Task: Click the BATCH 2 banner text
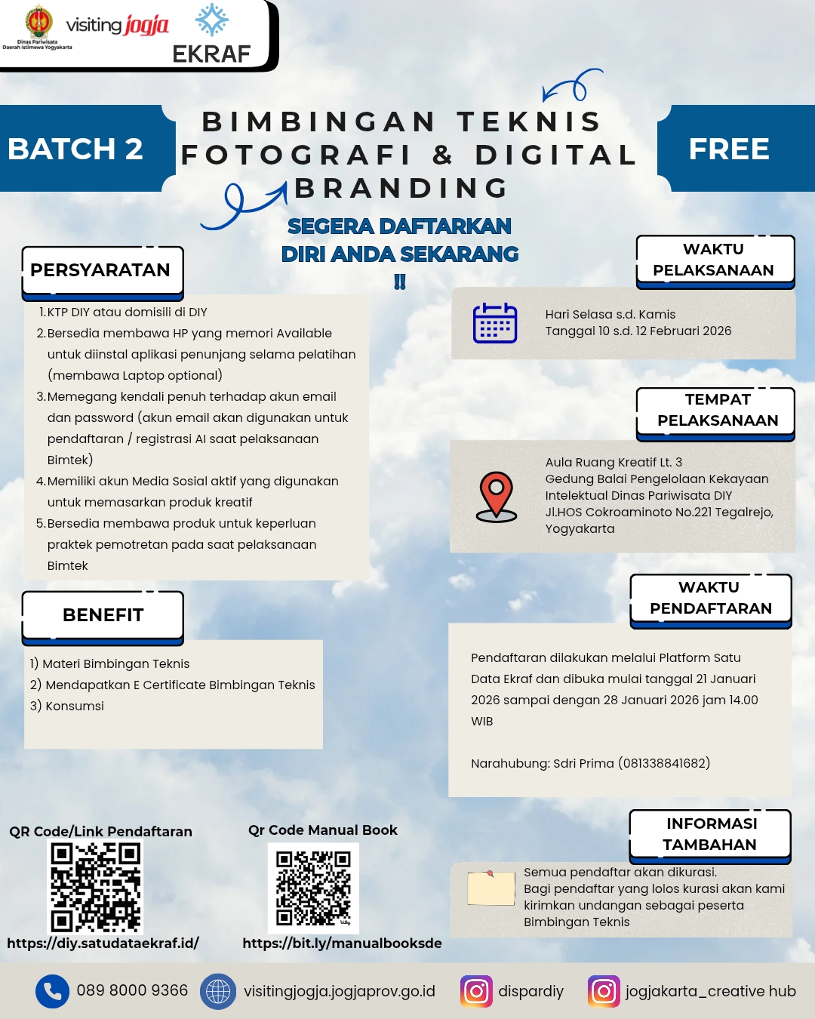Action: coord(75,149)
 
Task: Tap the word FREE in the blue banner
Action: coord(729,149)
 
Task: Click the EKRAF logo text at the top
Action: coord(211,54)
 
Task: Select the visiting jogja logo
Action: coord(118,25)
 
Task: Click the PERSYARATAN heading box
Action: coord(102,270)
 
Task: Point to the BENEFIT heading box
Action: coord(103,615)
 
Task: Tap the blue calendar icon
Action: coord(495,323)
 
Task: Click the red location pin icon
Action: coord(497,497)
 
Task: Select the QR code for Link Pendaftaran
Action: coord(96,888)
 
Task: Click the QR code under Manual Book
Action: coord(313,888)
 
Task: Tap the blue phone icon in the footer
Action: coord(52,991)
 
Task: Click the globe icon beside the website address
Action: coord(217,991)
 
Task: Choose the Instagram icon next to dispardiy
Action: coord(476,991)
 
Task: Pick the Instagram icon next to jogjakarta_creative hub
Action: coord(604,991)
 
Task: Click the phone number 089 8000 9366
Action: coord(132,990)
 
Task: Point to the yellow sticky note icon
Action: coord(491,888)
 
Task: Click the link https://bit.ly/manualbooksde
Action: coord(342,944)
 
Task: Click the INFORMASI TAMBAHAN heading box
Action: coord(710,834)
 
